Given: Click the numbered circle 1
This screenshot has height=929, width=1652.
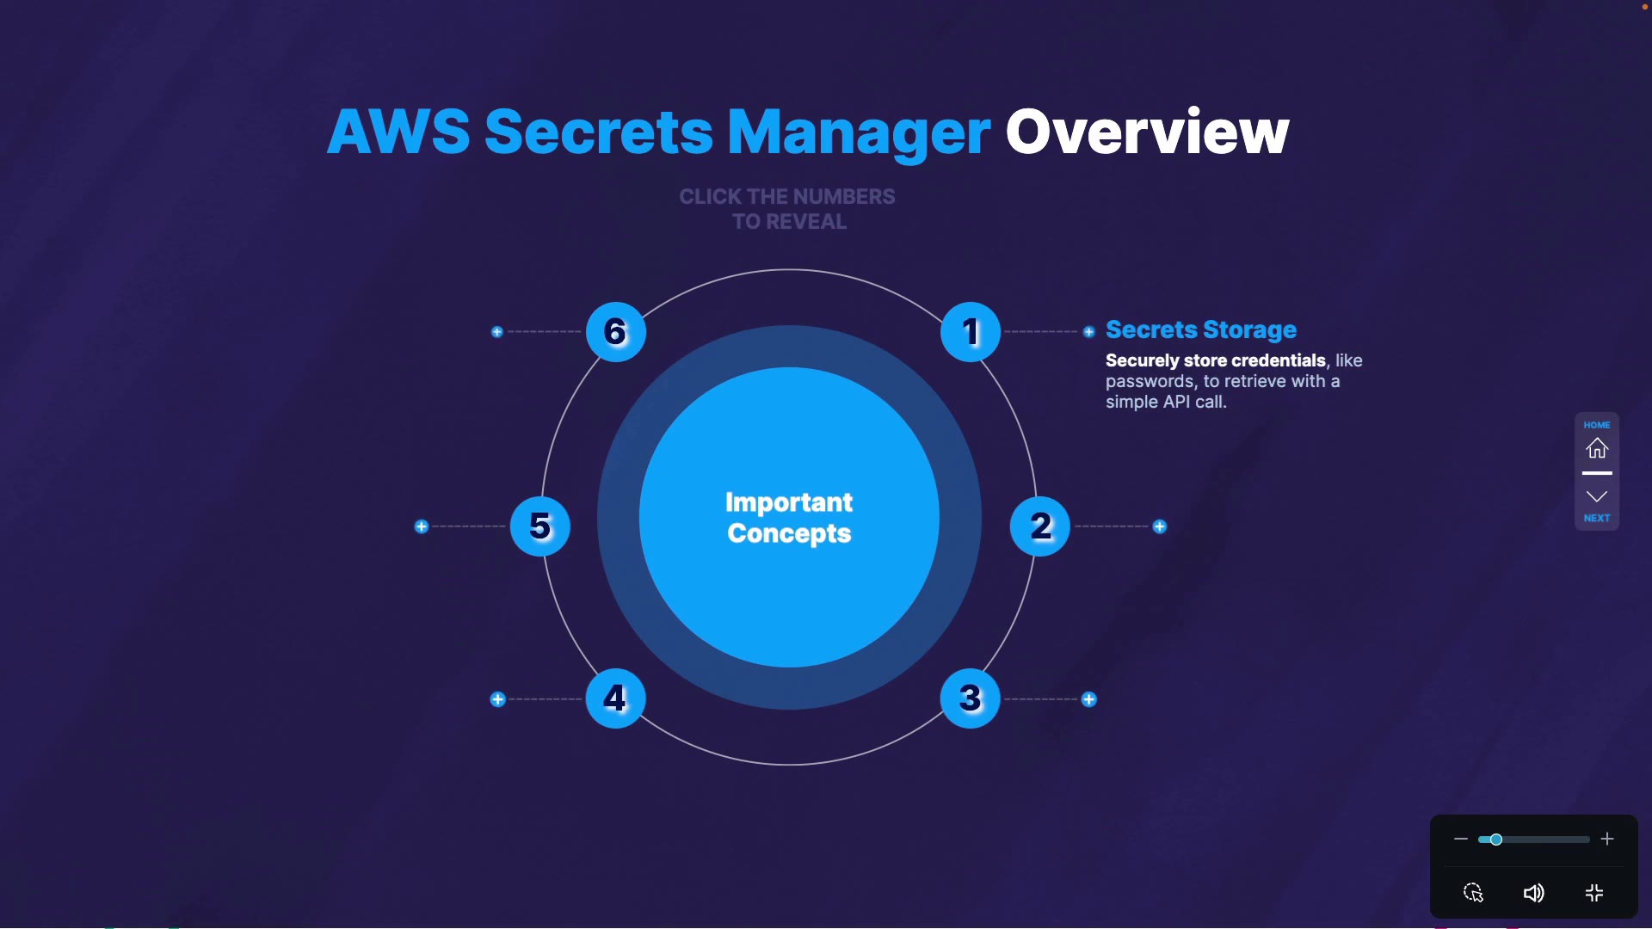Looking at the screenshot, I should [971, 332].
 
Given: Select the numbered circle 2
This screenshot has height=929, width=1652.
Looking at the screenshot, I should [1040, 526].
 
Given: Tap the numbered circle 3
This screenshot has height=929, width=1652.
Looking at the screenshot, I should [971, 698].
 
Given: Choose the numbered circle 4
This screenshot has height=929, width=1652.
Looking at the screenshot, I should [615, 698].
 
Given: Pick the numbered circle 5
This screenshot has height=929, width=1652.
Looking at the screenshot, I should [540, 526].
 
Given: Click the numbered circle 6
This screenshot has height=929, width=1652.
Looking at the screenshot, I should [615, 332].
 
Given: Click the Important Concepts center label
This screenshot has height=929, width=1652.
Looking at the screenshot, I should [789, 517].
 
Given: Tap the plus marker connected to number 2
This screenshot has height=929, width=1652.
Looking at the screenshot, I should [1160, 526].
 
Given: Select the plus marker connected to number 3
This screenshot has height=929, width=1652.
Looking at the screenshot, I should [1089, 699].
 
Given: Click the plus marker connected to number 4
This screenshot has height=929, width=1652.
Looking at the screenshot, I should [497, 699].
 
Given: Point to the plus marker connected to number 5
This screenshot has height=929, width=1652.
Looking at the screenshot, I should [422, 526].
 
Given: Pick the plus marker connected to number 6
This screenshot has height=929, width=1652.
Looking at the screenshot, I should [497, 332].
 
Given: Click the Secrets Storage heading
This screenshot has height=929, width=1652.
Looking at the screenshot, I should [1200, 329].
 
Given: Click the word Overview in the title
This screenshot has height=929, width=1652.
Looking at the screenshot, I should [1147, 132].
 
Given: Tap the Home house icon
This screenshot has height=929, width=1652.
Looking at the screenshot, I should [1597, 448].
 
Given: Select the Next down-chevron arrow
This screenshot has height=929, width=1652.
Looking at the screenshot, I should [1597, 497].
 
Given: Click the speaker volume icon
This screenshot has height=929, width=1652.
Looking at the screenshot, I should [1533, 893].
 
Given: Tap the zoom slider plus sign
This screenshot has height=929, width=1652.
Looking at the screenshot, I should [1607, 839].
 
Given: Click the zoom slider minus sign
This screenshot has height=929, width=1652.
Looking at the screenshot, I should [1460, 839].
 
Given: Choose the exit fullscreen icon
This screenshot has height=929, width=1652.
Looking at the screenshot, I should [1594, 893].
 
